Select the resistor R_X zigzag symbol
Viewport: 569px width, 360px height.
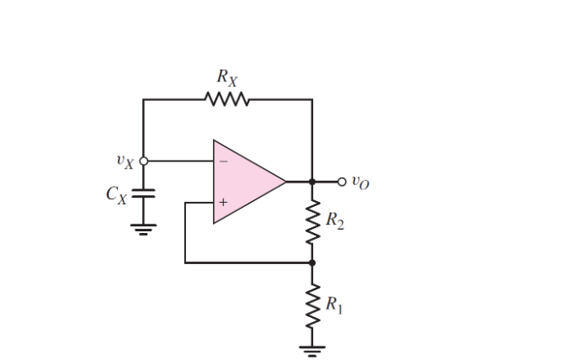(x=226, y=100)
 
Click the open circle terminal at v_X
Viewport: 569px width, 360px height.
(x=143, y=161)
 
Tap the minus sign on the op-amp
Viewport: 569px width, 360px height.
(x=223, y=161)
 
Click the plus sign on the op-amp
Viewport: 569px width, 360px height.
(x=223, y=202)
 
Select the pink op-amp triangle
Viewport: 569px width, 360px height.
(x=244, y=182)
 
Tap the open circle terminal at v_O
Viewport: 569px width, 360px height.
(x=341, y=181)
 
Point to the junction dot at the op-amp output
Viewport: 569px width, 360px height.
(x=312, y=181)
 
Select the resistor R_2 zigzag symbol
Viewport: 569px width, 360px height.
(x=312, y=222)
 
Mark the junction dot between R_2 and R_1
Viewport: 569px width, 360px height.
(x=312, y=262)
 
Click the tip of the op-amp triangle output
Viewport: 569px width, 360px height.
(x=286, y=181)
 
